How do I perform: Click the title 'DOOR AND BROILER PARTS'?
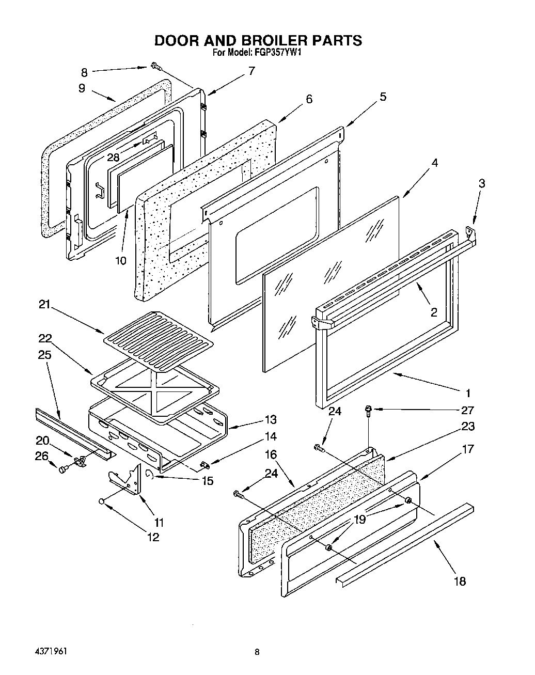(x=258, y=41)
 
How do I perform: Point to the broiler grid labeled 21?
(x=158, y=341)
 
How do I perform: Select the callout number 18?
(x=459, y=581)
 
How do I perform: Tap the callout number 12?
(x=153, y=537)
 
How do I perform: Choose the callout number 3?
(x=481, y=183)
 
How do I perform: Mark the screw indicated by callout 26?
(x=64, y=469)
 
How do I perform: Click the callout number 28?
(x=113, y=157)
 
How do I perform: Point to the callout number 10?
(x=120, y=260)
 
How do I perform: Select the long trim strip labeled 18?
(x=403, y=542)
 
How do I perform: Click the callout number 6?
(x=309, y=99)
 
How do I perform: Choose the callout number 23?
(x=468, y=427)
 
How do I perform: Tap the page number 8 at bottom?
(x=257, y=652)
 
